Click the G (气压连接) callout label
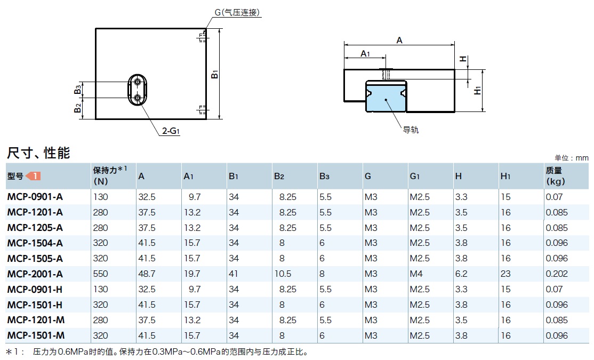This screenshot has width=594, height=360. [237, 13]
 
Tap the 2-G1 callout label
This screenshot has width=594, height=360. [172, 131]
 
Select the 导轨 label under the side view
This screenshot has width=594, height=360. [411, 130]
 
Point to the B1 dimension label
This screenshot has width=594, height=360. [215, 74]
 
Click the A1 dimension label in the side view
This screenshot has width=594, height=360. [365, 53]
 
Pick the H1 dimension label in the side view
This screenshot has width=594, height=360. [478, 90]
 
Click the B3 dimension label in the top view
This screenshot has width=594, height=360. [78, 89]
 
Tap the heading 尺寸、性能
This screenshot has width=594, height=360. [38, 154]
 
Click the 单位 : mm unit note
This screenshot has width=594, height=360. [572, 158]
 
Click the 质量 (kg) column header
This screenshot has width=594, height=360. [555, 175]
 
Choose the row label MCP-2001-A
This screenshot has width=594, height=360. [35, 274]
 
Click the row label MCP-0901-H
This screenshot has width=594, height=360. [35, 289]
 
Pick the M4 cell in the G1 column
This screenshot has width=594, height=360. [416, 274]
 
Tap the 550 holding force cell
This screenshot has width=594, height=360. [100, 274]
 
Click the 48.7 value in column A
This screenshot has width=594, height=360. [147, 274]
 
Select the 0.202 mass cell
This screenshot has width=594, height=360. [556, 274]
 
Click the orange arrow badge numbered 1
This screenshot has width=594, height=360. [34, 176]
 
